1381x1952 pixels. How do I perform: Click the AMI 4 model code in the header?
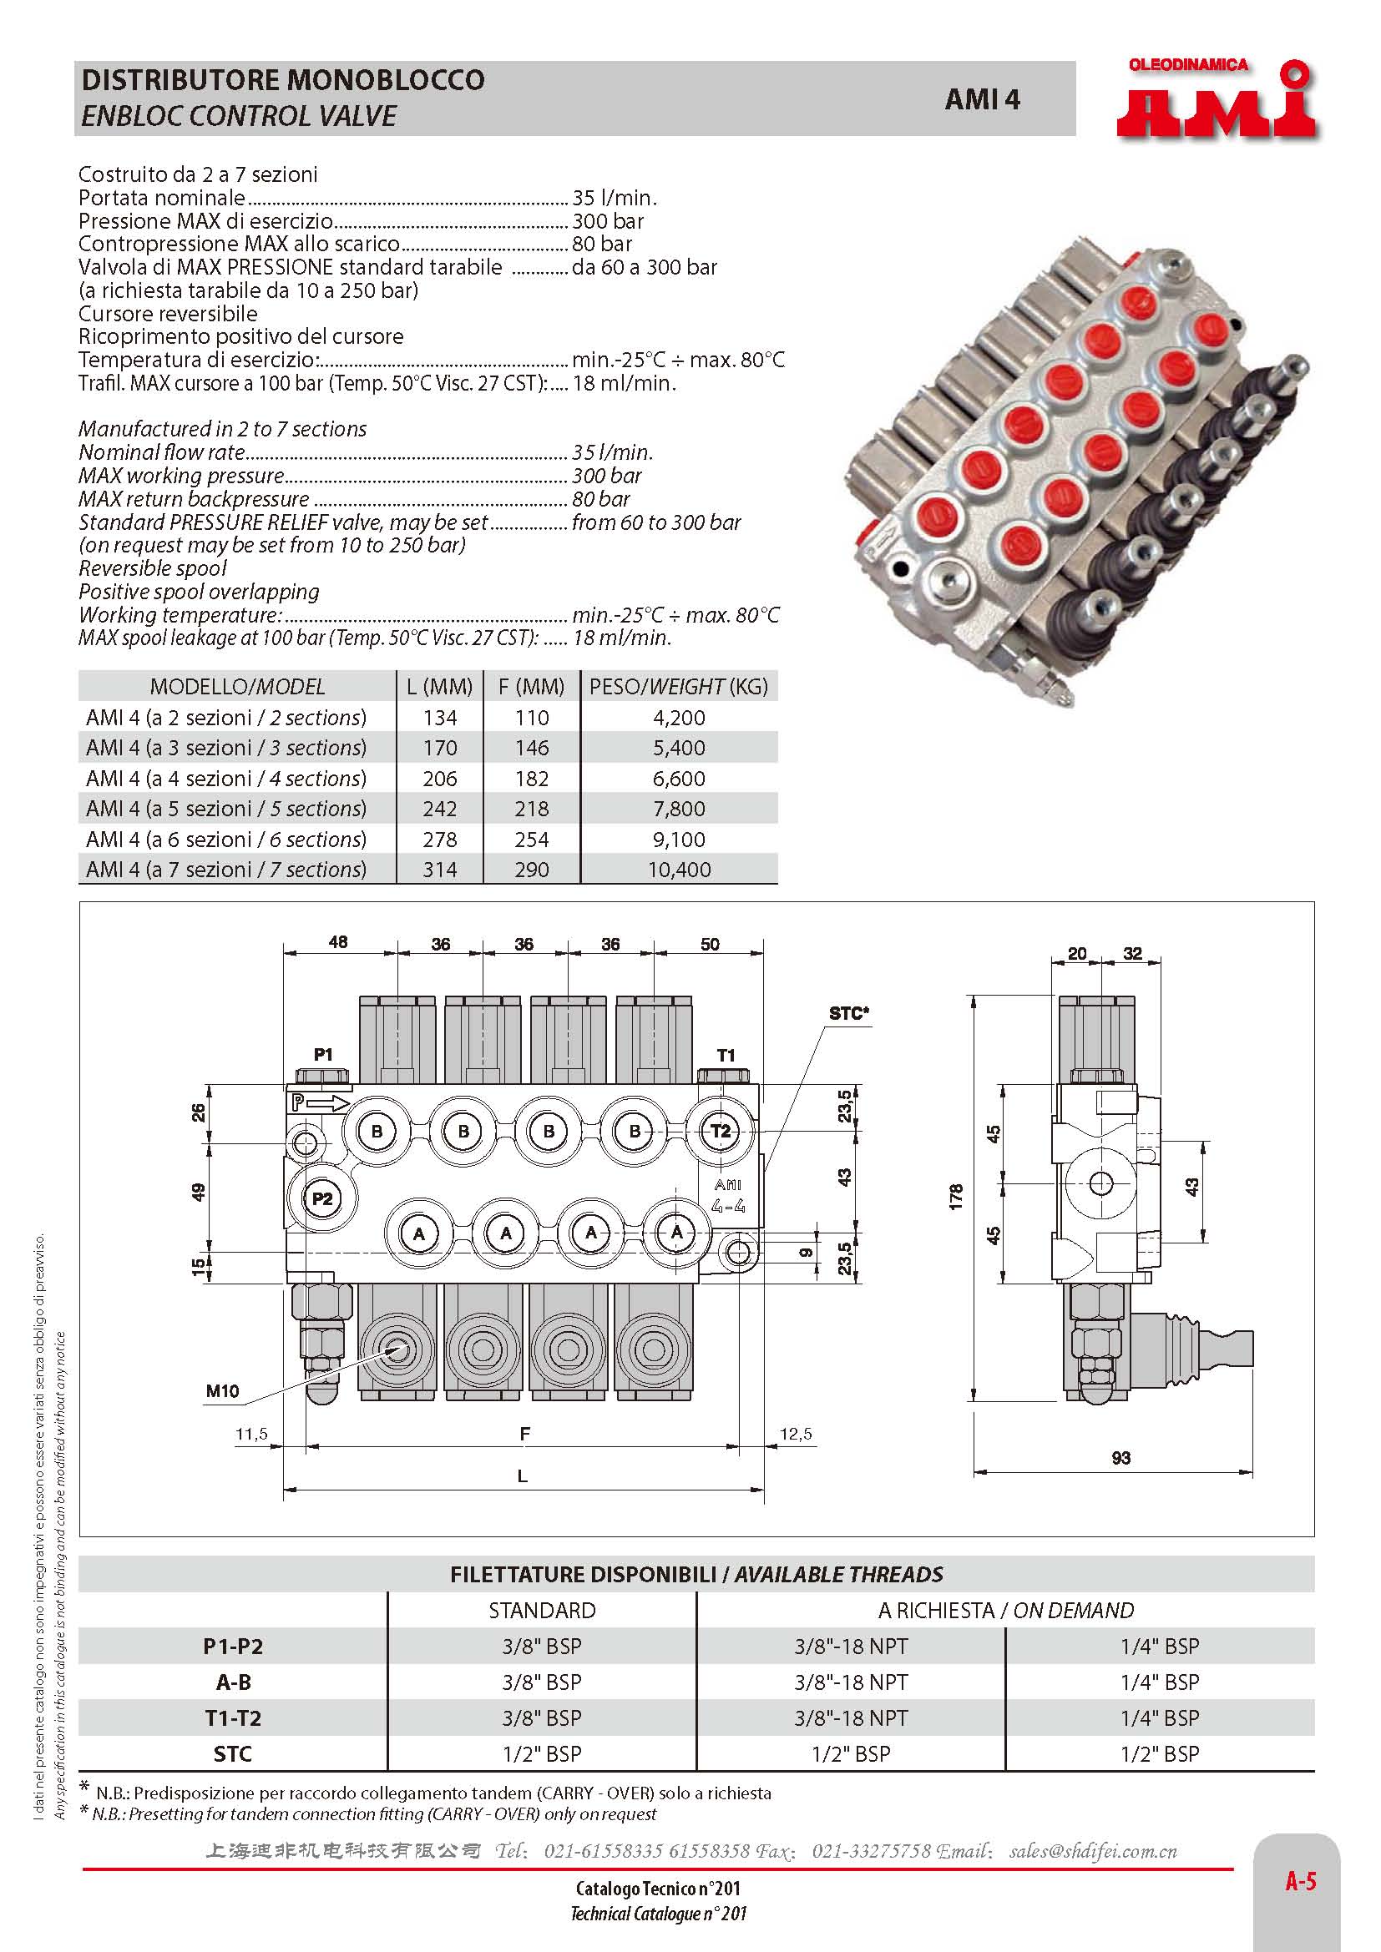(981, 99)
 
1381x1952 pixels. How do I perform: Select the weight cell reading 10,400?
(679, 870)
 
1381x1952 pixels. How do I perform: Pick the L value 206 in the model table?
(440, 778)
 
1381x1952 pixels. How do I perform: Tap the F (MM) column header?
(532, 686)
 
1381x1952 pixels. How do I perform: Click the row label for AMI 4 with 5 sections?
(226, 809)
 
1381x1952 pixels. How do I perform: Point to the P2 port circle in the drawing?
(321, 1198)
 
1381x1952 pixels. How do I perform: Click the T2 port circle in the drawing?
(720, 1131)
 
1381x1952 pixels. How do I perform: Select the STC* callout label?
(848, 1013)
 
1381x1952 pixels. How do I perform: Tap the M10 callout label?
(223, 1391)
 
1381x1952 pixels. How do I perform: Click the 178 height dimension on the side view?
(957, 1196)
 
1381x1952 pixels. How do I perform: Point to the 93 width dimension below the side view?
(1120, 1458)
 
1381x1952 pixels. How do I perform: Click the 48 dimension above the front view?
(338, 942)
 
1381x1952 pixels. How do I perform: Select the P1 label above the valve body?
(323, 1055)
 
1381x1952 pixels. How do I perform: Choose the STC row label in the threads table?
(232, 1753)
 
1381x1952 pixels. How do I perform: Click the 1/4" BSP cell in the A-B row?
(1159, 1682)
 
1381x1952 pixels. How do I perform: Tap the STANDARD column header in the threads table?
(542, 1610)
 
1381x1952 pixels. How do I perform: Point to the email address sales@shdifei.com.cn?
(1093, 1851)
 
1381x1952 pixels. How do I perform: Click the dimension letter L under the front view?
(522, 1476)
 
